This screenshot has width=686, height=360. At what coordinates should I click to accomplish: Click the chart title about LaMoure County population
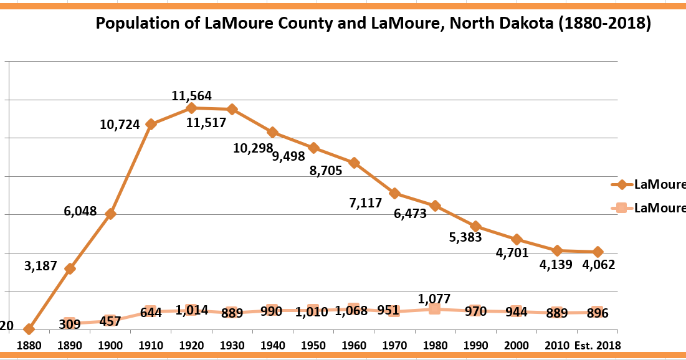click(x=373, y=24)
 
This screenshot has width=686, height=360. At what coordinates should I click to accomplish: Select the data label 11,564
click(x=191, y=96)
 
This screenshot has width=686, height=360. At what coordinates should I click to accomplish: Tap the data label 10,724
click(x=120, y=124)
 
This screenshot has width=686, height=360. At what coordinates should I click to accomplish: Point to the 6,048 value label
click(x=80, y=211)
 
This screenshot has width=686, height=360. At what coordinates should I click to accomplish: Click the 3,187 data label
click(x=40, y=267)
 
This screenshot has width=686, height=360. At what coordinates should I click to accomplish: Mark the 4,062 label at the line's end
click(x=598, y=265)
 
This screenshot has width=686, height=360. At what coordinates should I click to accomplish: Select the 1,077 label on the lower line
click(x=434, y=298)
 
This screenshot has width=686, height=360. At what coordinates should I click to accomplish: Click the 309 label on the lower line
click(x=70, y=324)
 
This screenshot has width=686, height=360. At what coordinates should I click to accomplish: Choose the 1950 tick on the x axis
click(x=313, y=344)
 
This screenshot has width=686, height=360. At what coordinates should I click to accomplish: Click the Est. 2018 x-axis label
click(x=598, y=344)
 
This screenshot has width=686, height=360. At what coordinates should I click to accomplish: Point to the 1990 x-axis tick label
click(x=475, y=344)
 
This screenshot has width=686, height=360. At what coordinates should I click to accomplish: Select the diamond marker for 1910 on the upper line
click(x=150, y=124)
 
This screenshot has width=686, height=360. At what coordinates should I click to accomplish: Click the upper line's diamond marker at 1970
click(x=394, y=193)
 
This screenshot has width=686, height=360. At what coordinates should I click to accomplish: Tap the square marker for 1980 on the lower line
click(x=434, y=308)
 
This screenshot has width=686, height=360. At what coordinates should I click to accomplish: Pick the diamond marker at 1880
click(x=28, y=329)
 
